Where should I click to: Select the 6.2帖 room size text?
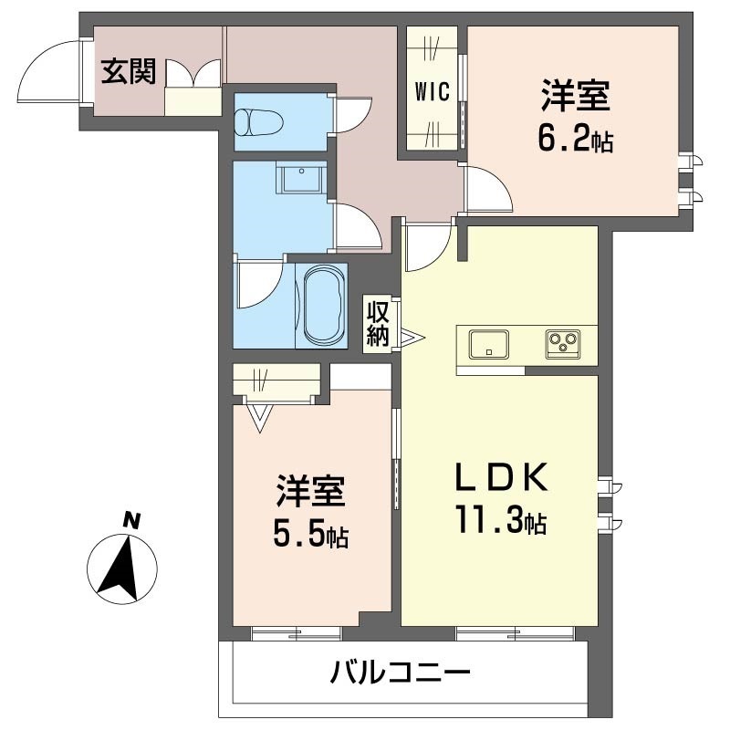(575, 141)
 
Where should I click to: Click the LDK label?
(502, 477)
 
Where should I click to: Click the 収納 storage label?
(379, 323)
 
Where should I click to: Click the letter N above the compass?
(132, 522)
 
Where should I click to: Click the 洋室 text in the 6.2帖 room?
(575, 96)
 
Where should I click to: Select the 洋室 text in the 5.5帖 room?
(310, 491)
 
